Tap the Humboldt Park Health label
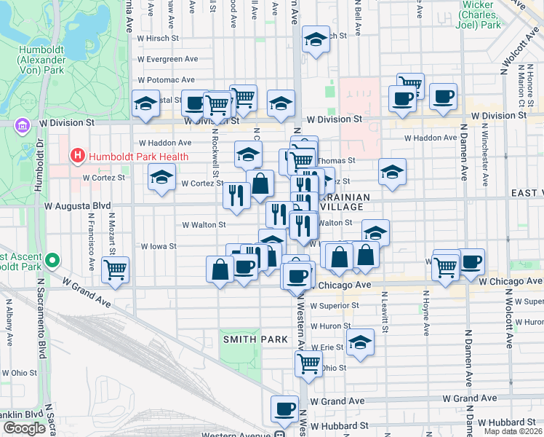[x=137, y=157]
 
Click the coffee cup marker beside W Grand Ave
[x=284, y=409]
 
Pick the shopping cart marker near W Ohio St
[x=309, y=363]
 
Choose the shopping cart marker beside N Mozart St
[x=115, y=270]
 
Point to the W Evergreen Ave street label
[x=167, y=59]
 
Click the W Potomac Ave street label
[x=166, y=79]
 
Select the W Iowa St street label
[x=159, y=246]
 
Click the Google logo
[x=24, y=428]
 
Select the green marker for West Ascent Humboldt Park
[x=52, y=260]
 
